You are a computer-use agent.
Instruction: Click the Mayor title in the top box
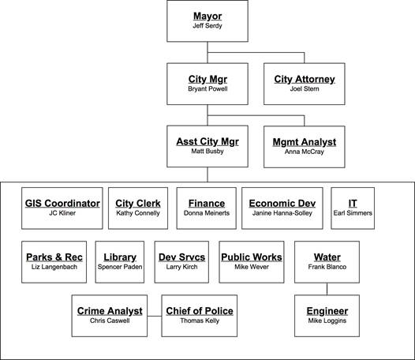(207, 16)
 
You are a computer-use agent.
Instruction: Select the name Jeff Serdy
(207, 26)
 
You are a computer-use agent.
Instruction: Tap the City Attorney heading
(305, 79)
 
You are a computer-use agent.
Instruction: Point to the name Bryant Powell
(207, 88)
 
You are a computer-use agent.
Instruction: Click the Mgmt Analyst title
(305, 142)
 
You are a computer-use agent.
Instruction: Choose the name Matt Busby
(207, 152)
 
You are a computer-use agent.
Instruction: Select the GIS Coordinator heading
(62, 204)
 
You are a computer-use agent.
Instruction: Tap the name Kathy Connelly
(138, 213)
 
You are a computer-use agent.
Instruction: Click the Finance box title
(207, 204)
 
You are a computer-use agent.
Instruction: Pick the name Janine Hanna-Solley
(282, 213)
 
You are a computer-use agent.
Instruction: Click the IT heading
(353, 204)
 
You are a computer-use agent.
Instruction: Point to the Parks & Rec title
(54, 257)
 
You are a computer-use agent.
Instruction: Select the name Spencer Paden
(120, 267)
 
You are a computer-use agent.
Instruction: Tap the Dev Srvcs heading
(181, 257)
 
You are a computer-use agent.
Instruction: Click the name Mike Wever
(252, 267)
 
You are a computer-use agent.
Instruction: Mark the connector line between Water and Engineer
(327, 289)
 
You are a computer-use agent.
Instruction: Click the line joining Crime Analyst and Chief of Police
(155, 316)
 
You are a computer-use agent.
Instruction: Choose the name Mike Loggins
(327, 321)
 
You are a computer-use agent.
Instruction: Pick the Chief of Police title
(200, 311)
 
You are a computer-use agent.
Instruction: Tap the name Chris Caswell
(110, 321)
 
